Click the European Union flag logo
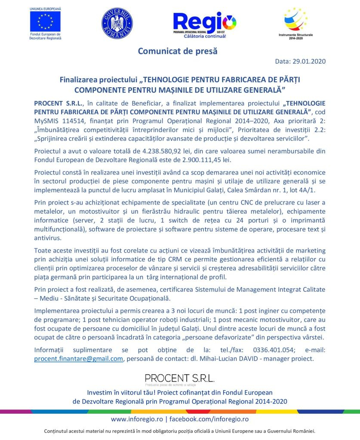pyautogui.click(x=45, y=21)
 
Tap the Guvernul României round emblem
pyautogui.click(x=117, y=23)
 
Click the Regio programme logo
pyautogui.click(x=204, y=24)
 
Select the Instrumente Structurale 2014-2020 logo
pyautogui.click(x=296, y=21)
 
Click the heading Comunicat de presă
pyautogui.click(x=178, y=51)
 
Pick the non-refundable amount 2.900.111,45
pyautogui.click(x=206, y=160)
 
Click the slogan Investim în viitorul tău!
pyautogui.click(x=124, y=393)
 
